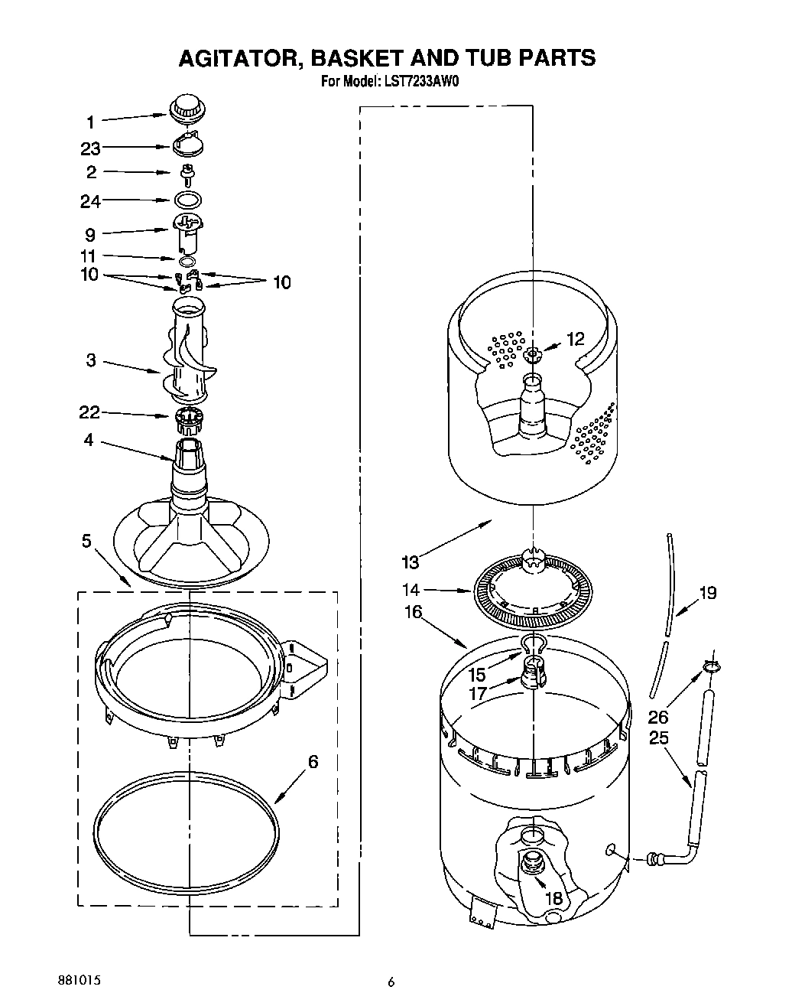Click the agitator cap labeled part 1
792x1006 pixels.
tap(187, 108)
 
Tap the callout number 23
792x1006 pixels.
tap(90, 148)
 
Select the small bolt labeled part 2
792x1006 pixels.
tap(186, 174)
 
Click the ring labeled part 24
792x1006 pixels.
tap(187, 200)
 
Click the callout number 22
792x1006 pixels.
tap(89, 413)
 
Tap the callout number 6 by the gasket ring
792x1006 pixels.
tap(313, 762)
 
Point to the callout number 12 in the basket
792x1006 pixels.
tap(575, 339)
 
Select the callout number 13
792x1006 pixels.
tap(411, 562)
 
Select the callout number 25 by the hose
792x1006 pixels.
tap(658, 737)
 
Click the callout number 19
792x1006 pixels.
tap(708, 592)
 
